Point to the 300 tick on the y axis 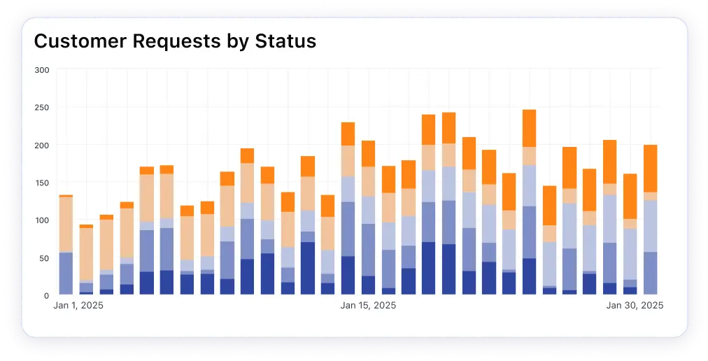click(41, 70)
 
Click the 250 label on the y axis click(41, 108)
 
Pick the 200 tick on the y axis click(41, 146)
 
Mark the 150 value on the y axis click(41, 183)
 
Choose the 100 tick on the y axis click(41, 220)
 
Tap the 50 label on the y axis click(43, 258)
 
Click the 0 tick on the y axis click(45, 296)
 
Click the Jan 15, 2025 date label click(368, 306)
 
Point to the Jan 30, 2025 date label click(635, 306)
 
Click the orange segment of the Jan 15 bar click(348, 134)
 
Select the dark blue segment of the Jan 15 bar click(348, 276)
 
